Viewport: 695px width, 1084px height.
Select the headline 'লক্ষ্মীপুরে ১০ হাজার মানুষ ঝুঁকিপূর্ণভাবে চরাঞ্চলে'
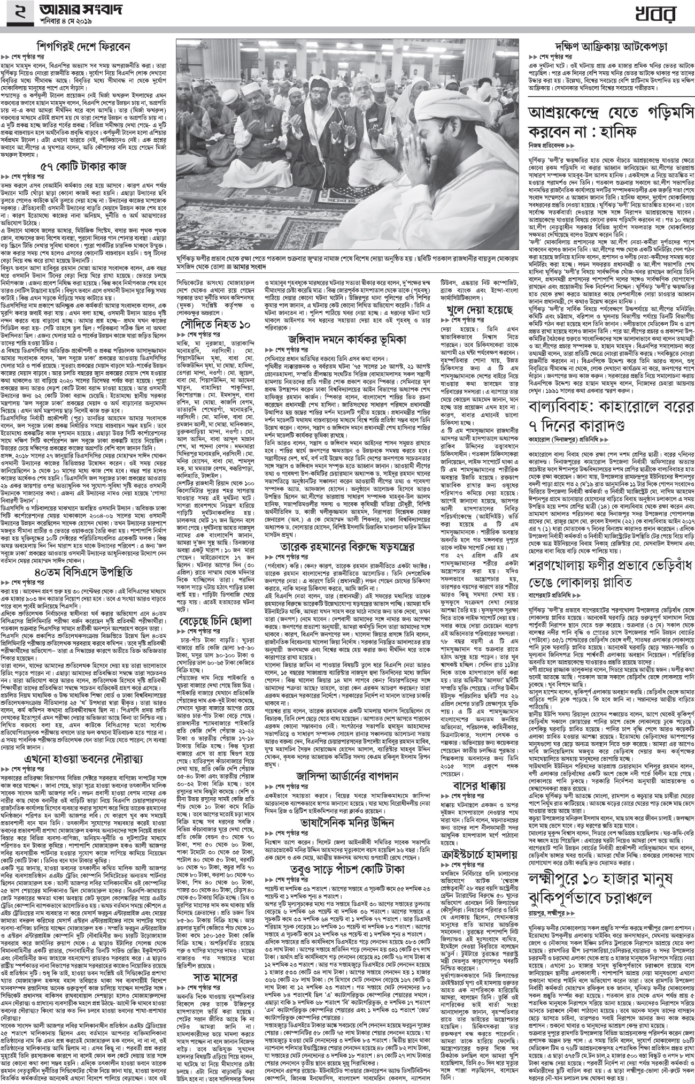click(x=609, y=866)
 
